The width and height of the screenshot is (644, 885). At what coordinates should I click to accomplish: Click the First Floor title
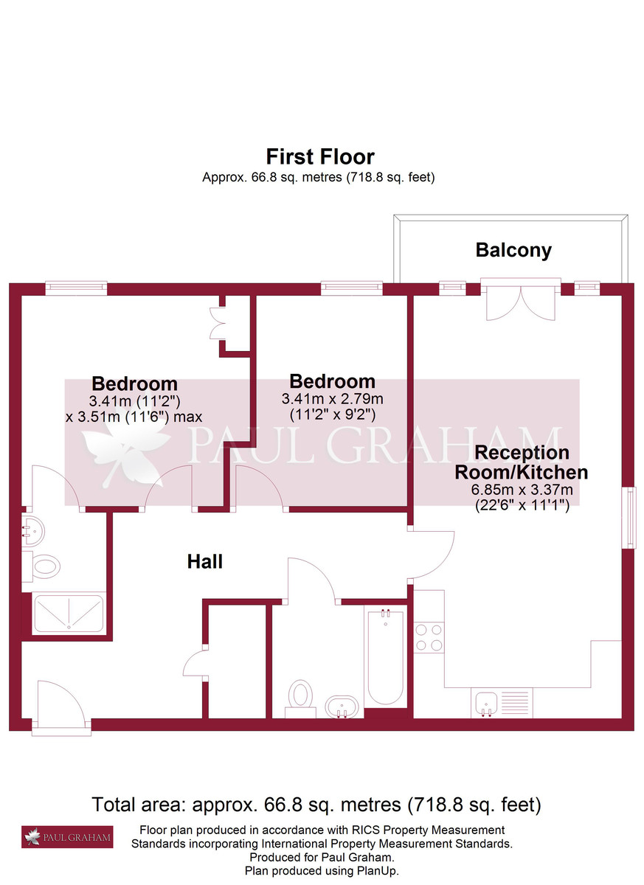tap(320, 156)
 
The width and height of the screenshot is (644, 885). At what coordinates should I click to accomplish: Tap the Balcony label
tap(513, 250)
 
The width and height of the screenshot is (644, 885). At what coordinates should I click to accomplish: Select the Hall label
tap(205, 562)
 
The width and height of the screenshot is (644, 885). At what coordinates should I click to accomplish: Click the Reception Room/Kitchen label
tap(531, 462)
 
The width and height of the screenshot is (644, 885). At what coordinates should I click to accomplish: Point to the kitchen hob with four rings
tap(429, 637)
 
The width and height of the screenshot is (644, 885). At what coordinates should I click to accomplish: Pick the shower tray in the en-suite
tap(70, 613)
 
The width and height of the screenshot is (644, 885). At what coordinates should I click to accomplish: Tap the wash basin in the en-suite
tap(34, 528)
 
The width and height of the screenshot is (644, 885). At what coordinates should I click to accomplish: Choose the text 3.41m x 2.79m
tap(332, 398)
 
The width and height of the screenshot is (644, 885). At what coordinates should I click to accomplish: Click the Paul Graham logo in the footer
tap(67, 836)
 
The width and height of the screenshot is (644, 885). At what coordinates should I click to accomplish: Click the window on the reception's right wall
tap(629, 517)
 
